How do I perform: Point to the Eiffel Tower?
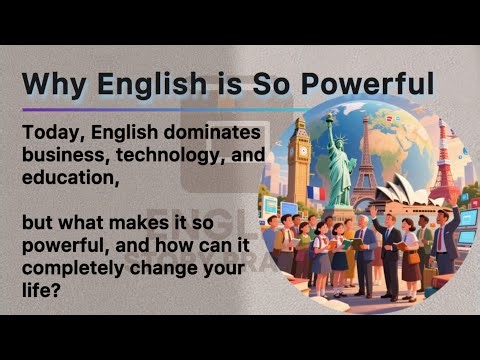point(365,160)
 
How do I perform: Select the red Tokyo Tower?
point(440,165)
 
